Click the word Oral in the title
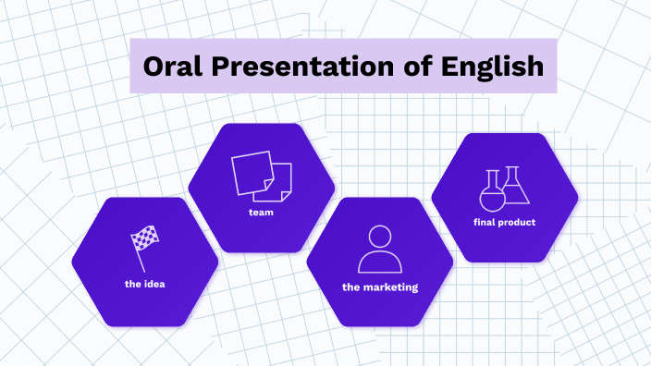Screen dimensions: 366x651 [x=175, y=67]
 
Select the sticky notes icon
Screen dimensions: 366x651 [x=261, y=176]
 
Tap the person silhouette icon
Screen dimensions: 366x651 [x=379, y=249]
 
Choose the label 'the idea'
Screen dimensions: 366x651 [x=144, y=284]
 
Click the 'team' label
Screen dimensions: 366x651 [x=261, y=213]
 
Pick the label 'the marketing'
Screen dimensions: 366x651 [x=379, y=287]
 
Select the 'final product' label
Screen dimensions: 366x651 [x=504, y=222]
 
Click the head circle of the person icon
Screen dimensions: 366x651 [x=379, y=237]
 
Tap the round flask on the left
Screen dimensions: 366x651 [x=490, y=193]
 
